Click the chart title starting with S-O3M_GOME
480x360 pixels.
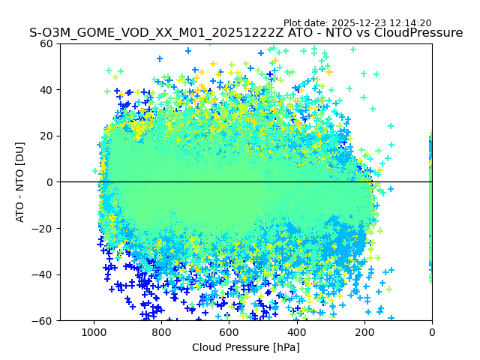point(246,33)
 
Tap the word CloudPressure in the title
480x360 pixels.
point(419,33)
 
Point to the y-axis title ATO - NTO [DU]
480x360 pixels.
point(20,181)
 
